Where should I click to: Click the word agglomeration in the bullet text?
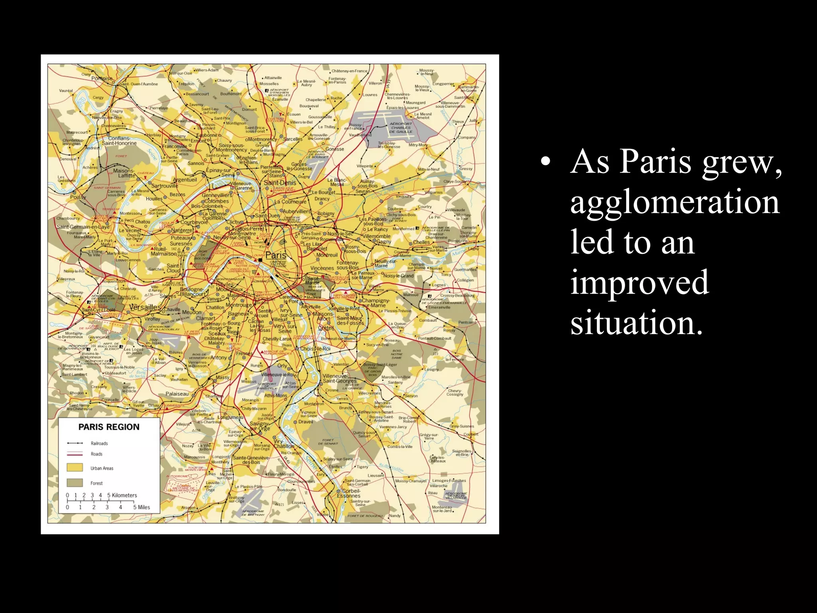pos(674,202)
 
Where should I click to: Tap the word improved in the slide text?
pos(639,282)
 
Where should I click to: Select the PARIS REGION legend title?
pos(109,427)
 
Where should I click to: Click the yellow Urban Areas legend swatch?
pos(75,468)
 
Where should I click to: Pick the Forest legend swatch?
pos(75,483)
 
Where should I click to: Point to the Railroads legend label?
pos(99,443)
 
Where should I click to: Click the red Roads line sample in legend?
pos(75,454)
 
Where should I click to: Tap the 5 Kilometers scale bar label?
pos(122,495)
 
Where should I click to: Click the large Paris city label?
pos(276,255)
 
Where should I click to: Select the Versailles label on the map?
pos(145,307)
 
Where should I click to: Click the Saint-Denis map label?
pos(280,182)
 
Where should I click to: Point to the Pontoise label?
pos(102,79)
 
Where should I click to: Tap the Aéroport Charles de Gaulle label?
pos(401,128)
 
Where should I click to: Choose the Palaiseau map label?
pos(177,394)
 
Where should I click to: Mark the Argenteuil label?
pos(185,180)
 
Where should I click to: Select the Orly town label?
pos(282,365)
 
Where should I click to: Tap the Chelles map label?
pos(421,242)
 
